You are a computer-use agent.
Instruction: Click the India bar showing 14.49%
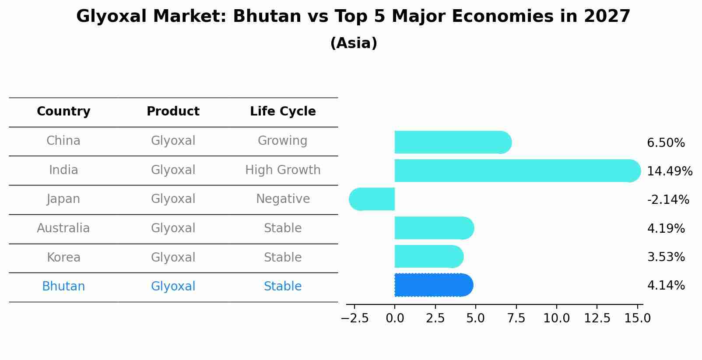coord(516,171)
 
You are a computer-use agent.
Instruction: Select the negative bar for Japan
coord(372,199)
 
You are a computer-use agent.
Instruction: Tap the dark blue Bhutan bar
coord(433,285)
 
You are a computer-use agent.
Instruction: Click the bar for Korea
coord(428,256)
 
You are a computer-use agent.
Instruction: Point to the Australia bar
coord(434,228)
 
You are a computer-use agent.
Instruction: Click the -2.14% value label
coord(668,200)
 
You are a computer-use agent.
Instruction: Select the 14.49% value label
coord(670,171)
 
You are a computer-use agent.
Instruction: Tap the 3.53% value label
coord(666,257)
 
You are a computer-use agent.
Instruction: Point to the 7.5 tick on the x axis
coord(516,318)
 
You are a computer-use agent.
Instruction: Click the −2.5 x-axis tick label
coord(355,318)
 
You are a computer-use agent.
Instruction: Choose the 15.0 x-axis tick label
coord(637,318)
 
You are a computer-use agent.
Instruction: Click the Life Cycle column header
coord(283,112)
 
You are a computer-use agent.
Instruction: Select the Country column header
coord(63,112)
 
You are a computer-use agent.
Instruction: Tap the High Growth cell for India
coord(283,170)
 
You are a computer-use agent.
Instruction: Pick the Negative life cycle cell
coord(283,199)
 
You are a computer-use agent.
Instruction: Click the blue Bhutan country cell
coord(63,287)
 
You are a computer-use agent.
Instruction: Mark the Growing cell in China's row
coord(282,141)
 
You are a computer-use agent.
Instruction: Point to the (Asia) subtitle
coord(354,43)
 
